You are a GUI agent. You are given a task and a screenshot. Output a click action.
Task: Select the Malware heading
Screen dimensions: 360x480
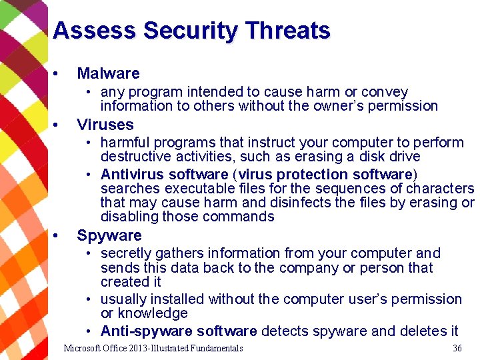pos(108,73)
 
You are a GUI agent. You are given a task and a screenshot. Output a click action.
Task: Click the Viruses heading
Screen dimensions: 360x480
pos(105,125)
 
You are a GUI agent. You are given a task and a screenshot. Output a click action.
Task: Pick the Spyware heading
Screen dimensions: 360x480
pos(109,235)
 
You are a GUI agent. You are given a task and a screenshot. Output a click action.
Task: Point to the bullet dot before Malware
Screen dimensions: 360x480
pos(58,73)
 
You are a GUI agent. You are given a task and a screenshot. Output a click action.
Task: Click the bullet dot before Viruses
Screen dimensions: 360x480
pos(58,125)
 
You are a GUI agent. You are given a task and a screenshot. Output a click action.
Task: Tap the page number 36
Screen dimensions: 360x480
pos(457,348)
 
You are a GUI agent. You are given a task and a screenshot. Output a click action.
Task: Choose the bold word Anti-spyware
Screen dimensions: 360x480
pos(141,331)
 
